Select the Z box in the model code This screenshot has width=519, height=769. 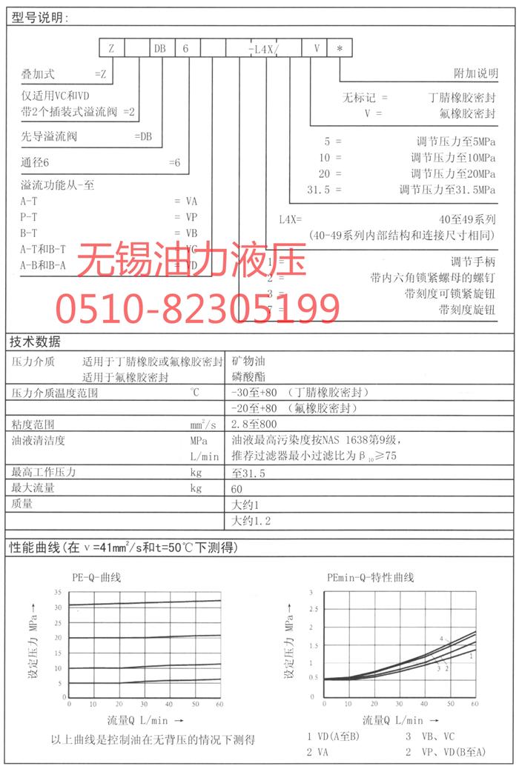(111, 48)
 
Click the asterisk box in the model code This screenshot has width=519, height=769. (339, 48)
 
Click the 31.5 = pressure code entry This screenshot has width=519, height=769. (325, 190)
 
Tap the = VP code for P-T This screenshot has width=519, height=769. (186, 217)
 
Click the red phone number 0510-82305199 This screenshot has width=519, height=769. (199, 305)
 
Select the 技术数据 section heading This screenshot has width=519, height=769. (35, 342)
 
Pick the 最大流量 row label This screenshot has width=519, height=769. (33, 488)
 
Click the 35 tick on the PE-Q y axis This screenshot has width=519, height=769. (59, 592)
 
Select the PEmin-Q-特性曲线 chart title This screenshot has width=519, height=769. (371, 577)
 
